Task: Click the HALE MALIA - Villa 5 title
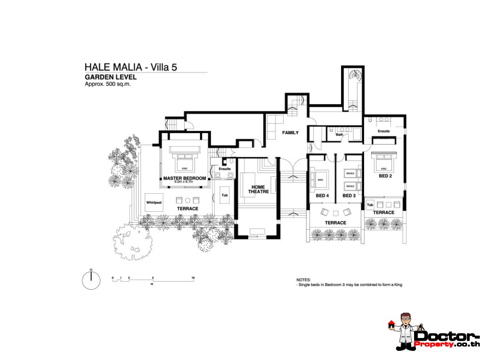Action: click(131, 67)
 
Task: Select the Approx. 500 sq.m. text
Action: click(108, 84)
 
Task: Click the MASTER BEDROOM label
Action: click(184, 178)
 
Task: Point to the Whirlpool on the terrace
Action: click(154, 202)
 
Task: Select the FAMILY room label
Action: click(290, 133)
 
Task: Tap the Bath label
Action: click(339, 135)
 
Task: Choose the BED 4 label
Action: click(322, 196)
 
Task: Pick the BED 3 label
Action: click(349, 196)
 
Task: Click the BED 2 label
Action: click(385, 176)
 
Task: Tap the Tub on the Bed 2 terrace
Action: click(370, 204)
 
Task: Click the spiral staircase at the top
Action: click(353, 75)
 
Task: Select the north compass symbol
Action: click(91, 280)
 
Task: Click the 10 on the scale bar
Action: click(193, 278)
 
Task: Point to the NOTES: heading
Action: click(303, 280)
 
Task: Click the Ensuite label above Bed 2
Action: click(384, 131)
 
